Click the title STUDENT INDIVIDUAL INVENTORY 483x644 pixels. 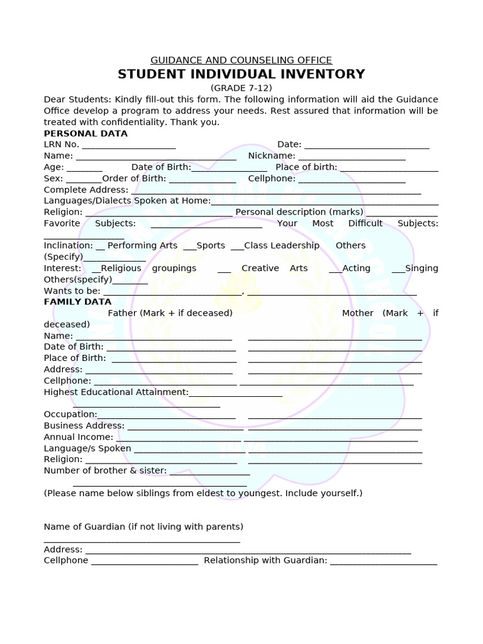(x=241, y=74)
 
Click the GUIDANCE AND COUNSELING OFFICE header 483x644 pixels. (x=241, y=60)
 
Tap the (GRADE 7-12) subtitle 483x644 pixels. (x=241, y=88)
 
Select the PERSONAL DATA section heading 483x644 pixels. (x=86, y=133)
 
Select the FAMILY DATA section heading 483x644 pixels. (x=77, y=302)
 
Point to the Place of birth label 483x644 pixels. (x=306, y=167)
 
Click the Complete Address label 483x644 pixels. (x=86, y=190)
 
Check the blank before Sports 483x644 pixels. (x=190, y=247)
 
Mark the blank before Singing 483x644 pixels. (x=398, y=269)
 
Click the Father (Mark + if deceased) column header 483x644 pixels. (x=170, y=313)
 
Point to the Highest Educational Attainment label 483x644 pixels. (x=116, y=392)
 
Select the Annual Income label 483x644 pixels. (x=79, y=437)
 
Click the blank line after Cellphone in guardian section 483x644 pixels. (x=145, y=562)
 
